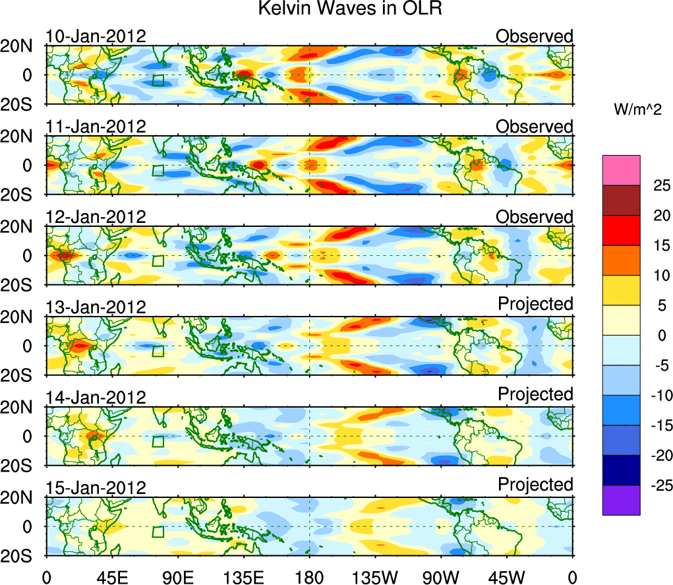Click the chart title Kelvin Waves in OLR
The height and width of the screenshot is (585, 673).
336,9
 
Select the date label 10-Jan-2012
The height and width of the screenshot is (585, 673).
96,36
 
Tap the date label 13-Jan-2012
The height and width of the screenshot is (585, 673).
96,307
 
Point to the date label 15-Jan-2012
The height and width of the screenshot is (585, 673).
96,487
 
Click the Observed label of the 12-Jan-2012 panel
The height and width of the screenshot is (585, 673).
535,216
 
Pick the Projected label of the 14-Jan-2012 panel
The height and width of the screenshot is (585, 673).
535,394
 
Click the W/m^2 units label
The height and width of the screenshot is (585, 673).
638,110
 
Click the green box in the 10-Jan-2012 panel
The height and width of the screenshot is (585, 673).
158,80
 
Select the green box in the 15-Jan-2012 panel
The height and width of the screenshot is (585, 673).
158,532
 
